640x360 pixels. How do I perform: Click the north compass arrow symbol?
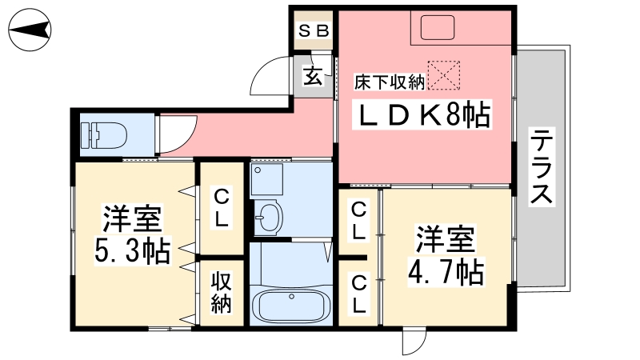[30, 31]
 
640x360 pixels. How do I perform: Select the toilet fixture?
[102, 133]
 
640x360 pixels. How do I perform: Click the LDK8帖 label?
[424, 117]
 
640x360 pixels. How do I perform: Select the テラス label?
[542, 168]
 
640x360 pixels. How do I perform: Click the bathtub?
[290, 307]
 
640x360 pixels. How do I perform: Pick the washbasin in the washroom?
[270, 216]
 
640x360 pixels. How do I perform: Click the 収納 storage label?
[222, 293]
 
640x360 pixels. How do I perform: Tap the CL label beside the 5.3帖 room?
[222, 206]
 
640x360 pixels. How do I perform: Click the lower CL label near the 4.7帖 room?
[359, 294]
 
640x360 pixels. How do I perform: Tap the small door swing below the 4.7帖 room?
[414, 342]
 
